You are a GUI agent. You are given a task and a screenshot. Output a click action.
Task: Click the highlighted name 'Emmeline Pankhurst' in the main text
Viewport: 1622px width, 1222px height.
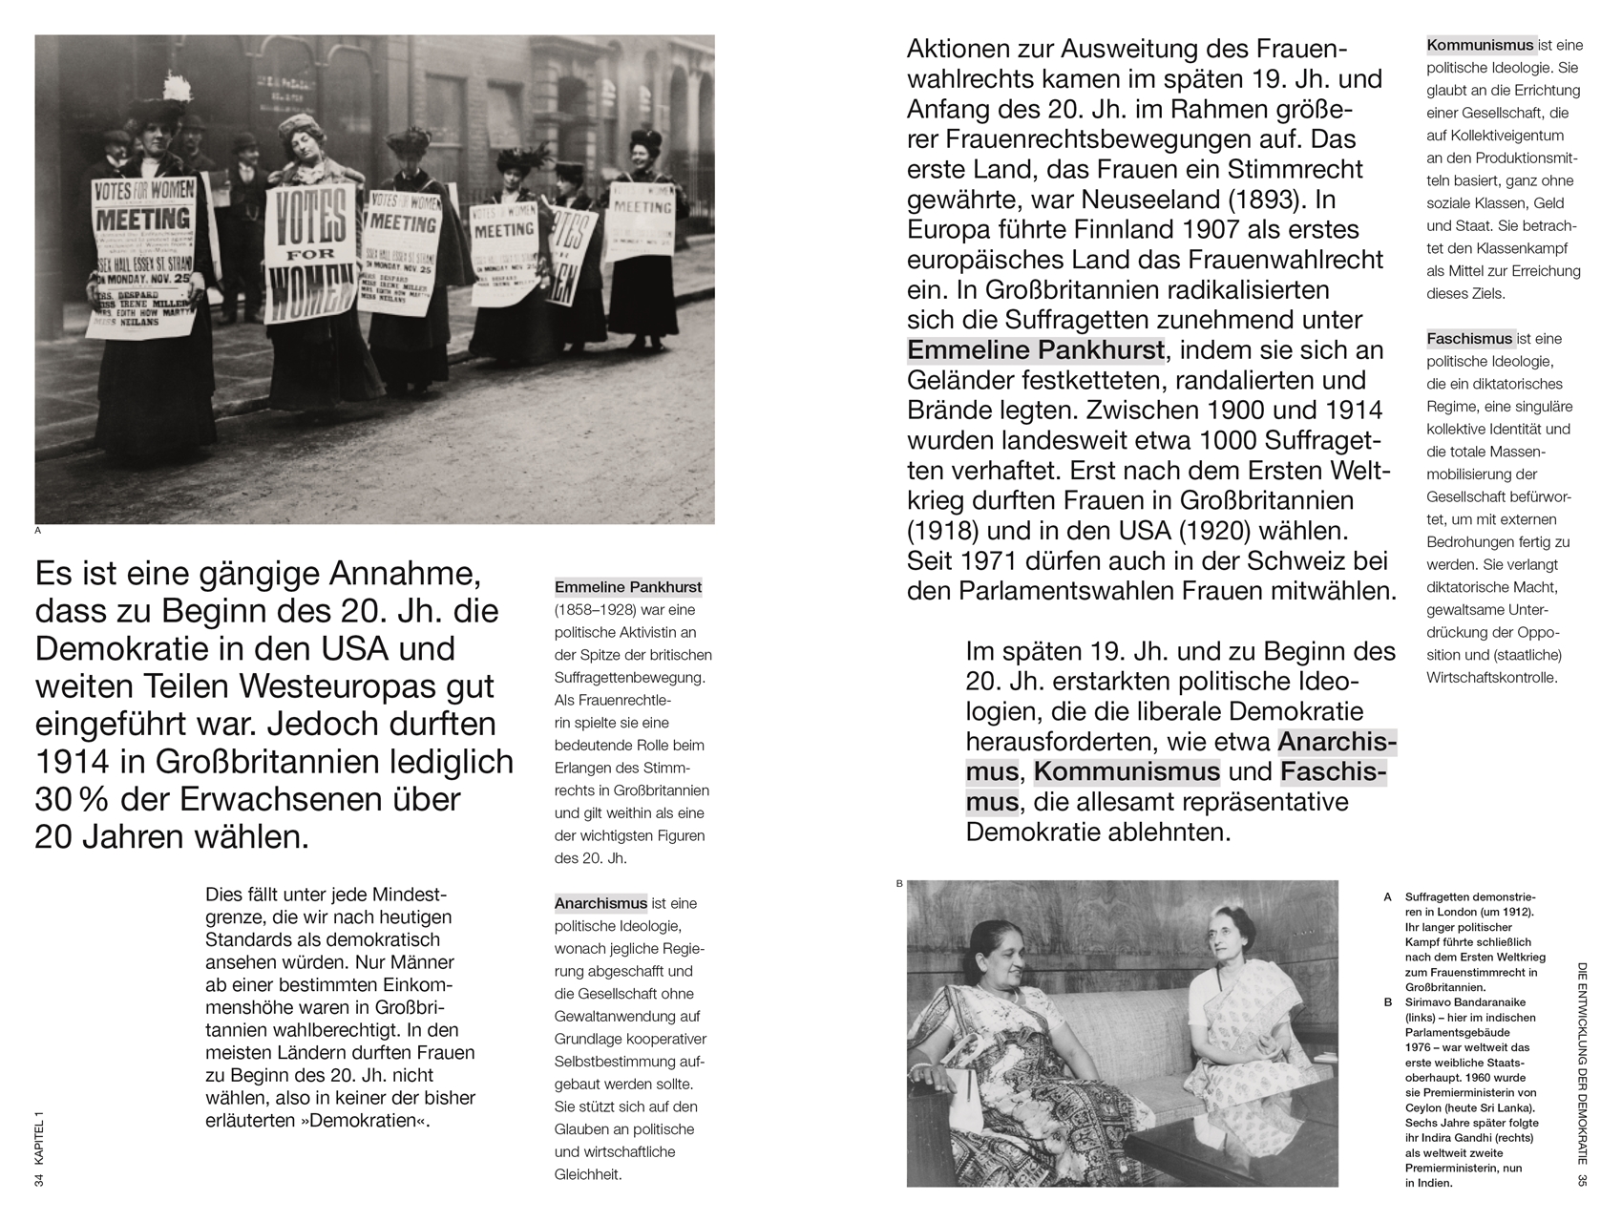[x=1036, y=350]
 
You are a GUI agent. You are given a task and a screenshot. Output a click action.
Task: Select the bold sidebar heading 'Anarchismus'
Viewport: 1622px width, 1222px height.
[x=600, y=903]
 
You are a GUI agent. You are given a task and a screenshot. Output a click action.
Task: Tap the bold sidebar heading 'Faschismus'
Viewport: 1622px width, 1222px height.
[x=1469, y=339]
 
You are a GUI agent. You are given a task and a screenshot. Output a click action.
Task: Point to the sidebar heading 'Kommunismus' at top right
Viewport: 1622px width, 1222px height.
[x=1480, y=45]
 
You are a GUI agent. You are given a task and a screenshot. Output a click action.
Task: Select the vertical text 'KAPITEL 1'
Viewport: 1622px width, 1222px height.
[x=39, y=1138]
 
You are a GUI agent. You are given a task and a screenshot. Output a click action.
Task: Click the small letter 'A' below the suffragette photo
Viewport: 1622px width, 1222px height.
[x=38, y=530]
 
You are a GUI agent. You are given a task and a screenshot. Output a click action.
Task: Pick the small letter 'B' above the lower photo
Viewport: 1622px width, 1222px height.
[x=899, y=884]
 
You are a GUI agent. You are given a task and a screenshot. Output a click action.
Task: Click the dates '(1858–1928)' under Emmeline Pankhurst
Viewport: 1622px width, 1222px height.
[x=598, y=610]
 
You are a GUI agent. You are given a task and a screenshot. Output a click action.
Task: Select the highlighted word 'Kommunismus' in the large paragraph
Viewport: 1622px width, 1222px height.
[x=1127, y=771]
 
